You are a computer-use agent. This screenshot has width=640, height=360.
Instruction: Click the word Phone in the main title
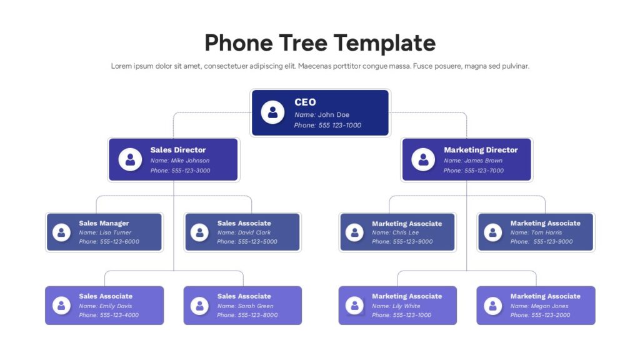point(239,43)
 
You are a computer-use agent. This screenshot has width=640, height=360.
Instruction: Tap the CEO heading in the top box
point(305,102)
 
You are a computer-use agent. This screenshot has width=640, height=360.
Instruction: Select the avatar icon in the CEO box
point(272,112)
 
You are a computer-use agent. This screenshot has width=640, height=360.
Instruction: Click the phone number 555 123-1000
point(339,125)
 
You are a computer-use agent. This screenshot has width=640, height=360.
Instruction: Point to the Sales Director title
point(178,150)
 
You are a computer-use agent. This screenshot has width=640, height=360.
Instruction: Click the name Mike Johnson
point(190,161)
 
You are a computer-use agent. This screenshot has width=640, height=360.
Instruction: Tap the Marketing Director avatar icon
point(423,159)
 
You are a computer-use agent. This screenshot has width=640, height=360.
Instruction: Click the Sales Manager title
point(104,223)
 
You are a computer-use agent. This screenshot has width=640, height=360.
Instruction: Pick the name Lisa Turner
point(116,232)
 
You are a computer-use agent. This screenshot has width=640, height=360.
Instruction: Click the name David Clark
point(254,232)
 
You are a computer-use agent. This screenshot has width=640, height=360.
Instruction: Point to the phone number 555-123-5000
point(257,242)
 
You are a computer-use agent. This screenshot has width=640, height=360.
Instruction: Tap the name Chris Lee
point(406,232)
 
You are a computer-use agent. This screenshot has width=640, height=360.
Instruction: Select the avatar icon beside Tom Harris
point(492,232)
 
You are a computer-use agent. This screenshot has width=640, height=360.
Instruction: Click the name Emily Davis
point(116,306)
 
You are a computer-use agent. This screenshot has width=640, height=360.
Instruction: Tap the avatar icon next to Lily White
point(354,305)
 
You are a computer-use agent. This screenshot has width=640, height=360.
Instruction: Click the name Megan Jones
point(549,306)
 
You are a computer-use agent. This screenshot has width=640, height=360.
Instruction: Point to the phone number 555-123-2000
point(551,315)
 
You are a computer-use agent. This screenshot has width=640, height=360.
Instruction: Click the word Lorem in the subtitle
point(121,66)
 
